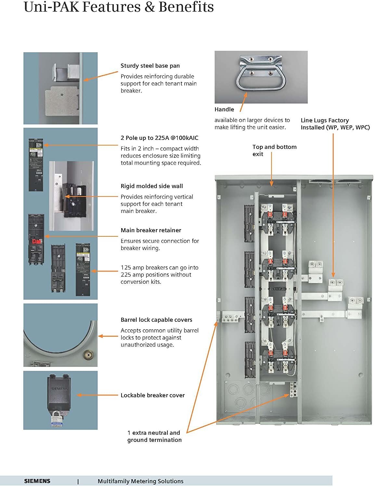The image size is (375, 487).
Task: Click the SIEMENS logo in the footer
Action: point(37,481)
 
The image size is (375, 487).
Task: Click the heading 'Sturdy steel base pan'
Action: point(150,66)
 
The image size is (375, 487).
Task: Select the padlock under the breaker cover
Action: point(57,418)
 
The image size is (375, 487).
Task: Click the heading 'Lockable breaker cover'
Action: point(152,395)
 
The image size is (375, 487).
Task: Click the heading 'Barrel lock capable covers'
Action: point(156,320)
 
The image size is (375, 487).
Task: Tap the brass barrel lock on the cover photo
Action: point(87,354)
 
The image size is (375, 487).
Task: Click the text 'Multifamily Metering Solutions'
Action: point(140,481)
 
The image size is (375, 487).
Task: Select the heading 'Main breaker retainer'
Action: point(151,230)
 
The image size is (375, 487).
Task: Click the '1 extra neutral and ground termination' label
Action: point(154,436)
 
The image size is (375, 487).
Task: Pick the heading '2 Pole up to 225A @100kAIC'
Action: point(159,138)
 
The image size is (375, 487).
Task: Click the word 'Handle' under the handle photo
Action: point(224,109)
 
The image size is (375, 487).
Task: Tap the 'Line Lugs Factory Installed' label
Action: point(335,124)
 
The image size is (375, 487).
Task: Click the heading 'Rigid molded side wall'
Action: point(151,186)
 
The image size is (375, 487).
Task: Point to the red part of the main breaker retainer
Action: point(36,241)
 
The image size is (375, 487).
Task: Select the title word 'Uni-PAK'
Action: point(51,7)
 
